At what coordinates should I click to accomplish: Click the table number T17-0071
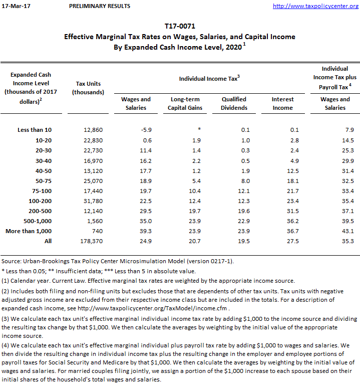(x=180, y=26)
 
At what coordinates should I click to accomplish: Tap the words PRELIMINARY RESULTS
(x=100, y=6)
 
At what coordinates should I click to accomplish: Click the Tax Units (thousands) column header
(x=88, y=88)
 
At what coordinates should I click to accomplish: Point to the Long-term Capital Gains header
(x=185, y=103)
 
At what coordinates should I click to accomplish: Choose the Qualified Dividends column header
(x=234, y=103)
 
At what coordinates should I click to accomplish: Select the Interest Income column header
(x=283, y=103)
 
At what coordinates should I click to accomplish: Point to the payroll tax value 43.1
(x=347, y=231)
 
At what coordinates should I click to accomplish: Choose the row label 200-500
(x=41, y=211)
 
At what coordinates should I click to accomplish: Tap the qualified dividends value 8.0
(x=245, y=180)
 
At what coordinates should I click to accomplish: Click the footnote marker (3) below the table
(x=6, y=319)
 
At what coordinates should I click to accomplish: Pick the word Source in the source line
(x=11, y=261)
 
